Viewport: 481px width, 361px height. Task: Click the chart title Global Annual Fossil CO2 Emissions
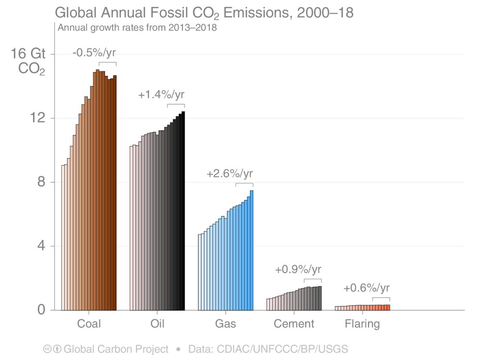click(x=204, y=12)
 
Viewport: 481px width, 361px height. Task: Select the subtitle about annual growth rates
click(x=138, y=27)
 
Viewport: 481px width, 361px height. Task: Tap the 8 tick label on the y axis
click(x=40, y=182)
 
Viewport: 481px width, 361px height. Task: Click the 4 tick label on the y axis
click(x=40, y=246)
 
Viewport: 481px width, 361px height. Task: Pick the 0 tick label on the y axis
click(x=40, y=310)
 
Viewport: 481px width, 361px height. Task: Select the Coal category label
click(x=89, y=323)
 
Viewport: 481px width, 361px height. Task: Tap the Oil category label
click(x=157, y=323)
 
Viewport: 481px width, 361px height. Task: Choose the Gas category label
click(x=226, y=323)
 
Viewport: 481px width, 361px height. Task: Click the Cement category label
click(x=294, y=323)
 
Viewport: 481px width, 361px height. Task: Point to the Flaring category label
click(x=362, y=323)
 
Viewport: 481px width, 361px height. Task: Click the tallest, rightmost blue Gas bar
click(x=252, y=250)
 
